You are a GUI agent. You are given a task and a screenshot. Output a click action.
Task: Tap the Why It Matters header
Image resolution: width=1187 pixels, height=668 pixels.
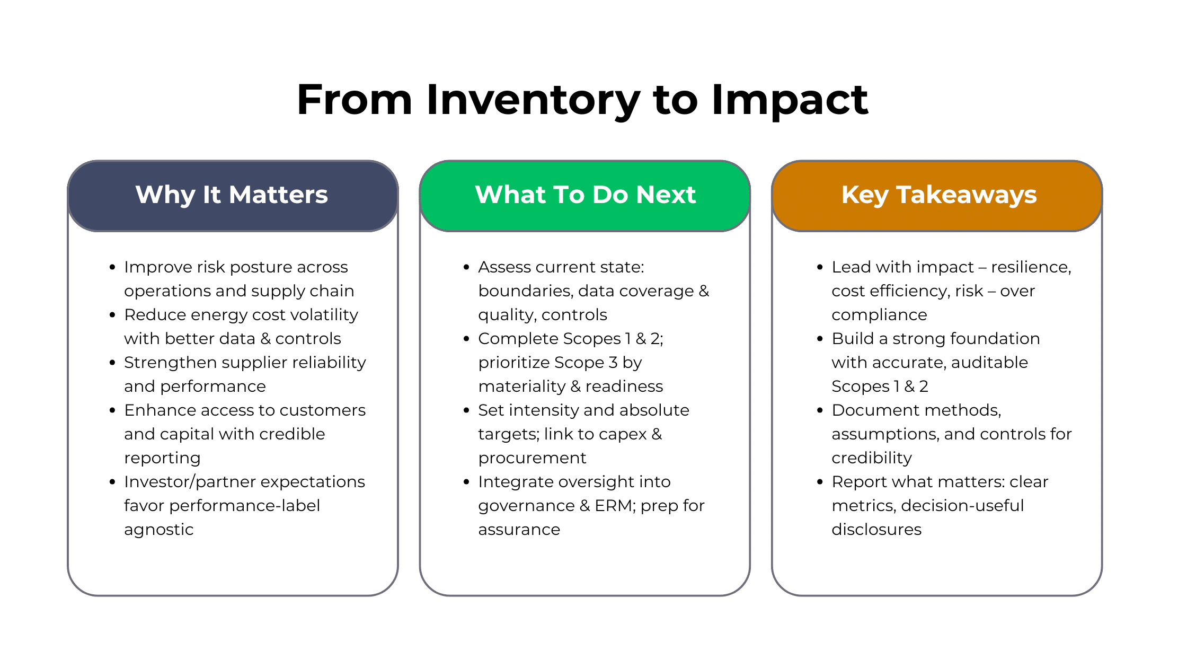232,195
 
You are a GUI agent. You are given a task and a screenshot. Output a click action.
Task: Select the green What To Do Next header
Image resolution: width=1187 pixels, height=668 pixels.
585,195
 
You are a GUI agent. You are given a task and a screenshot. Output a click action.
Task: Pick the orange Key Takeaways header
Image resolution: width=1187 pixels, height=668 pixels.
938,195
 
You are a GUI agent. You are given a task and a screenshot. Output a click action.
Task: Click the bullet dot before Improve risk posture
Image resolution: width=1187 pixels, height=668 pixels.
112,267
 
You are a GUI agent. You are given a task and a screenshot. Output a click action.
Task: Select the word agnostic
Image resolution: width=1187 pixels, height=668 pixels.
158,530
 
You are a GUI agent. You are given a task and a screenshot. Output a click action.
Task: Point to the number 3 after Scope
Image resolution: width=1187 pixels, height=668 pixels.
613,363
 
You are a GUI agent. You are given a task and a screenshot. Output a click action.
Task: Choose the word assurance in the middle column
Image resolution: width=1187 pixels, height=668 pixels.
519,530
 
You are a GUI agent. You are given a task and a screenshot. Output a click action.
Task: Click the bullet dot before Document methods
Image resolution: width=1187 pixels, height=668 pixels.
820,410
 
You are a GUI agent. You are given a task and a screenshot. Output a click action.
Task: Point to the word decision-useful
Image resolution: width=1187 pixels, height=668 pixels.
962,506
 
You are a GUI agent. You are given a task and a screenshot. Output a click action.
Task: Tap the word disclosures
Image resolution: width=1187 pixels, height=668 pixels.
876,530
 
